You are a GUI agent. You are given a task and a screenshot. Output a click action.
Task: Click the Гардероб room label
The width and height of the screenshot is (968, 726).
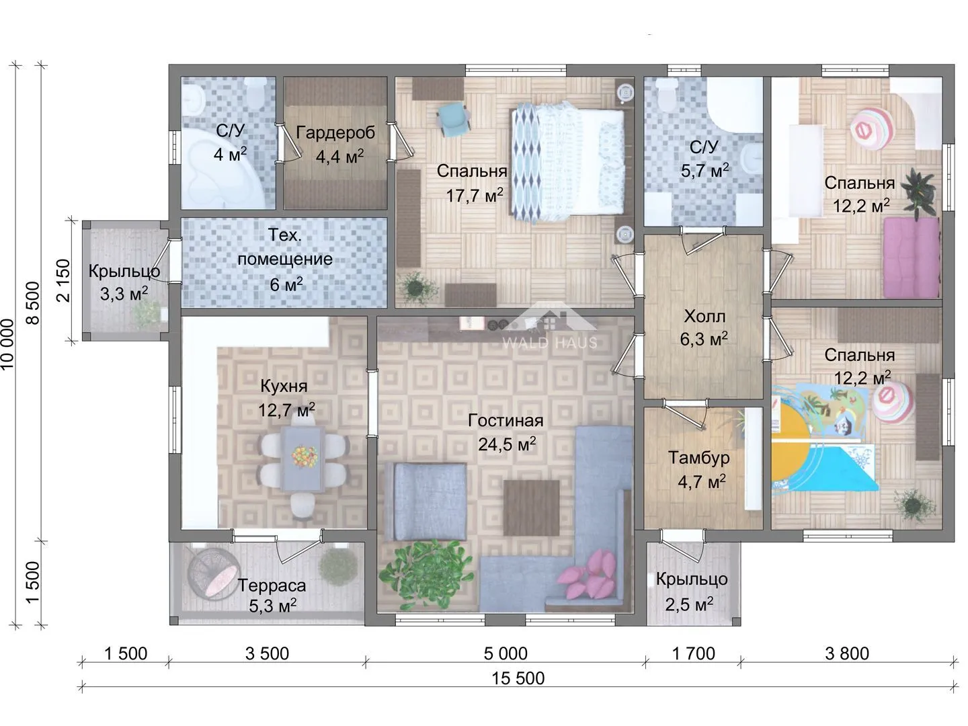(x=335, y=132)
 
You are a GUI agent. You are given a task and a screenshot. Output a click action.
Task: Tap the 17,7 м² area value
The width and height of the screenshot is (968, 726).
(x=474, y=195)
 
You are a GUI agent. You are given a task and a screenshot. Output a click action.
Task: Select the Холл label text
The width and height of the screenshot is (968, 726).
(x=704, y=316)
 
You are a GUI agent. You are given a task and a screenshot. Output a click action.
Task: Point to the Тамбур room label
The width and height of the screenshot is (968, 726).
(x=699, y=458)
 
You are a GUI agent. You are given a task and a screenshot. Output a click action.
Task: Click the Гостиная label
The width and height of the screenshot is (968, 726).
(x=506, y=421)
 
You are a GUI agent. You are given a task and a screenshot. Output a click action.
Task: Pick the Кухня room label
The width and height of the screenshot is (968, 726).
(x=284, y=386)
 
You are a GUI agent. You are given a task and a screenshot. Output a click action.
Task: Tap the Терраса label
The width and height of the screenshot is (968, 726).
(x=272, y=586)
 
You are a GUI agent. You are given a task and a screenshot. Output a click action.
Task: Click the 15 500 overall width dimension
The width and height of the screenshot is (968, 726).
(x=518, y=678)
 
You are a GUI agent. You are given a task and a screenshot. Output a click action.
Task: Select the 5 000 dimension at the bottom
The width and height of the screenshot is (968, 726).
(x=506, y=653)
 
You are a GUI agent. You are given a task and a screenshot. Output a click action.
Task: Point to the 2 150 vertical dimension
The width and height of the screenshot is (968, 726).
(x=63, y=280)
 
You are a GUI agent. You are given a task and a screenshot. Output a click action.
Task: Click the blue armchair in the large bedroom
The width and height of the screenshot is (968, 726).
(x=453, y=119)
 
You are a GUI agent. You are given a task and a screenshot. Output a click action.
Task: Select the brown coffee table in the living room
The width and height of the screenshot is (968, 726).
(x=532, y=508)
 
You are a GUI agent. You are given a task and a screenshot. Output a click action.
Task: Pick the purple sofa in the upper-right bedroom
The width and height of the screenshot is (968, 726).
(x=911, y=257)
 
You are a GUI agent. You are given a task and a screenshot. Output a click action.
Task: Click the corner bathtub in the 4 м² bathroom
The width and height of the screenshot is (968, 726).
(x=220, y=167)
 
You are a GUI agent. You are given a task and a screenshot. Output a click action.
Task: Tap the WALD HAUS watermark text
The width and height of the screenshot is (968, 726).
(x=550, y=343)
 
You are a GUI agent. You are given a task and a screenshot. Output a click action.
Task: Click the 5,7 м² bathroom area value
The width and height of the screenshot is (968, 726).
(x=704, y=171)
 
